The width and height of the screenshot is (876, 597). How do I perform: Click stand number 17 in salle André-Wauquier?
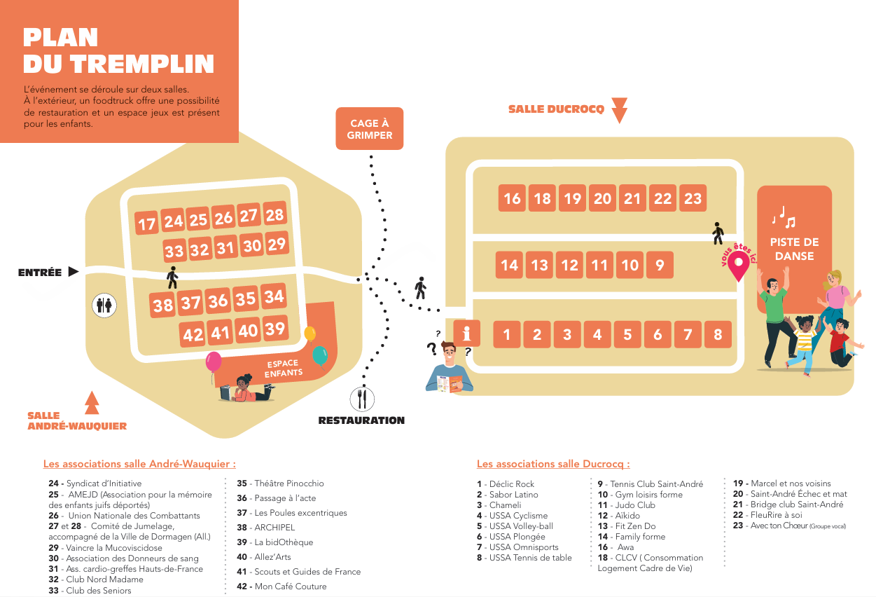[146, 224]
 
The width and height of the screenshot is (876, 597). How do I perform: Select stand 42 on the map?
[193, 334]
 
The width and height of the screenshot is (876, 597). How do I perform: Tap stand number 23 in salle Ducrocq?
[693, 198]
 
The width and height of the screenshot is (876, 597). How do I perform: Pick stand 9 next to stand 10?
[660, 265]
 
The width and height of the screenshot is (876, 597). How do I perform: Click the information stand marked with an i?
[466, 334]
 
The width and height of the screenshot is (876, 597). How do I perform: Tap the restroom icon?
[104, 305]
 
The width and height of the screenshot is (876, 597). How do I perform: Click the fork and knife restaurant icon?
[362, 399]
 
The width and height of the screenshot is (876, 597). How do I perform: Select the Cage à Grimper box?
[370, 129]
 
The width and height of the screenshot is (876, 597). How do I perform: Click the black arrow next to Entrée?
[73, 271]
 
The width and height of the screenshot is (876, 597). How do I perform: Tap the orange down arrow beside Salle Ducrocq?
[620, 110]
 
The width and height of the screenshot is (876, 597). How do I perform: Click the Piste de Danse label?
[794, 249]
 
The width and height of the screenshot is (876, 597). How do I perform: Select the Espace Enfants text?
[284, 369]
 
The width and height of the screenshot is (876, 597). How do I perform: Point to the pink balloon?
[214, 362]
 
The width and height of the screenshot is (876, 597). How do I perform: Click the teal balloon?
[320, 356]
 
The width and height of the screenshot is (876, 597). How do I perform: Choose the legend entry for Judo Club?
[626, 505]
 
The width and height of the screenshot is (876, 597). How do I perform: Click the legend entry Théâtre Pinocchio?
[280, 483]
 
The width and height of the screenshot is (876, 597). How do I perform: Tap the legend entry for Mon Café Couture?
[281, 586]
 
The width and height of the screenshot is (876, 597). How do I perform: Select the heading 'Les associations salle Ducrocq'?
[553, 464]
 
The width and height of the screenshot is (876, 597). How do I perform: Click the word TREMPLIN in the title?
[142, 64]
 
